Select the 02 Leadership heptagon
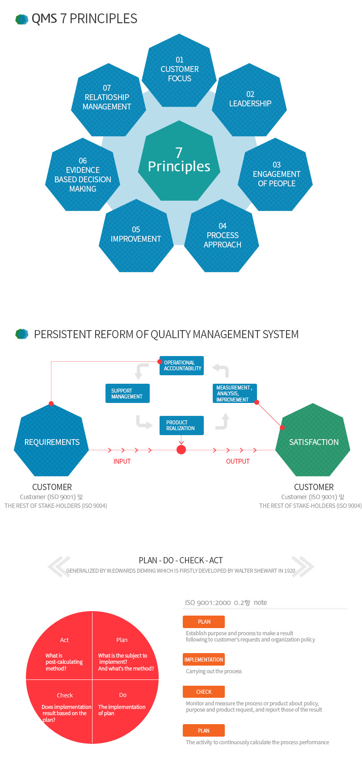pyautogui.click(x=250, y=100)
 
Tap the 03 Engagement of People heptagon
pyautogui.click(x=276, y=174)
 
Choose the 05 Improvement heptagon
pyautogui.click(x=136, y=235)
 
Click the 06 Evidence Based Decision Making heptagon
pyautogui.click(x=83, y=175)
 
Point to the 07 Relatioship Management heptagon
pyautogui.click(x=107, y=99)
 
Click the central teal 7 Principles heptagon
pyautogui.click(x=179, y=161)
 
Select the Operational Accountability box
pyautogui.click(x=181, y=365)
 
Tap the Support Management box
pyautogui.click(x=127, y=394)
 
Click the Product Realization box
pyautogui.click(x=181, y=425)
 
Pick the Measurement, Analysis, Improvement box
pyautogui.click(x=234, y=394)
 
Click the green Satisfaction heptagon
pyautogui.click(x=313, y=441)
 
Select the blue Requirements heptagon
pyautogui.click(x=52, y=441)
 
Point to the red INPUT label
pyautogui.click(x=122, y=461)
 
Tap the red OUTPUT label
pyautogui.click(x=238, y=461)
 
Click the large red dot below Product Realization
pyautogui.click(x=181, y=450)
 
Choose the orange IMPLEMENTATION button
pyautogui.click(x=204, y=659)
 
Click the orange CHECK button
pyautogui.click(x=204, y=692)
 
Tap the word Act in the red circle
pyautogui.click(x=64, y=640)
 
